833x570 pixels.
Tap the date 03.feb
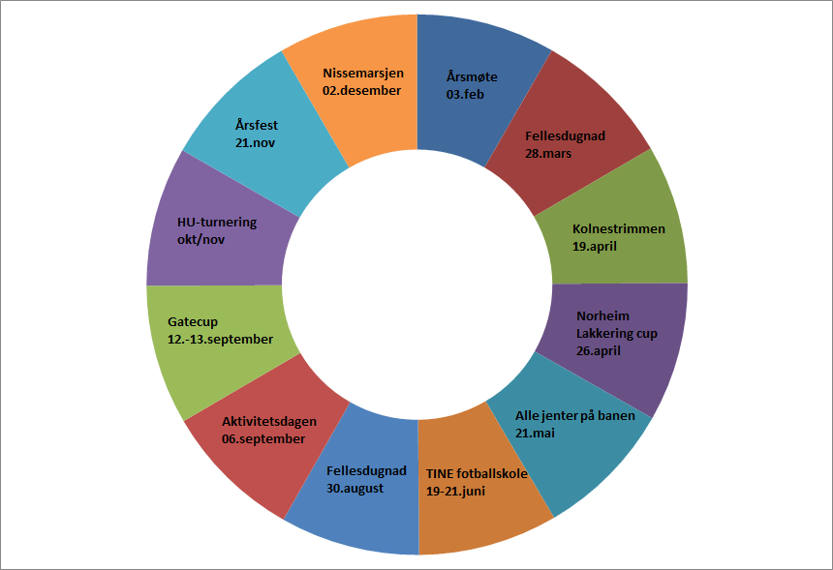(x=466, y=95)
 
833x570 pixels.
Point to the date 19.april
(x=595, y=247)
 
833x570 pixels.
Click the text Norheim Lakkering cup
(x=616, y=325)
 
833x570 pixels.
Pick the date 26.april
(x=598, y=352)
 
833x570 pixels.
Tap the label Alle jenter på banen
(x=575, y=416)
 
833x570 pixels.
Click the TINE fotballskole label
(x=477, y=473)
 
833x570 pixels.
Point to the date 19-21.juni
(x=455, y=491)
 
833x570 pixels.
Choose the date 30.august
(x=355, y=488)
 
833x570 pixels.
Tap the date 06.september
(x=263, y=438)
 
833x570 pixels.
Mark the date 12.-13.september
(x=220, y=339)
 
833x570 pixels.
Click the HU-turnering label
(x=217, y=222)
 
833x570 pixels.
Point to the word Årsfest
(x=257, y=125)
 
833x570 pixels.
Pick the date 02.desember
(x=362, y=90)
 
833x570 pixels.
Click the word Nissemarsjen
(x=363, y=73)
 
